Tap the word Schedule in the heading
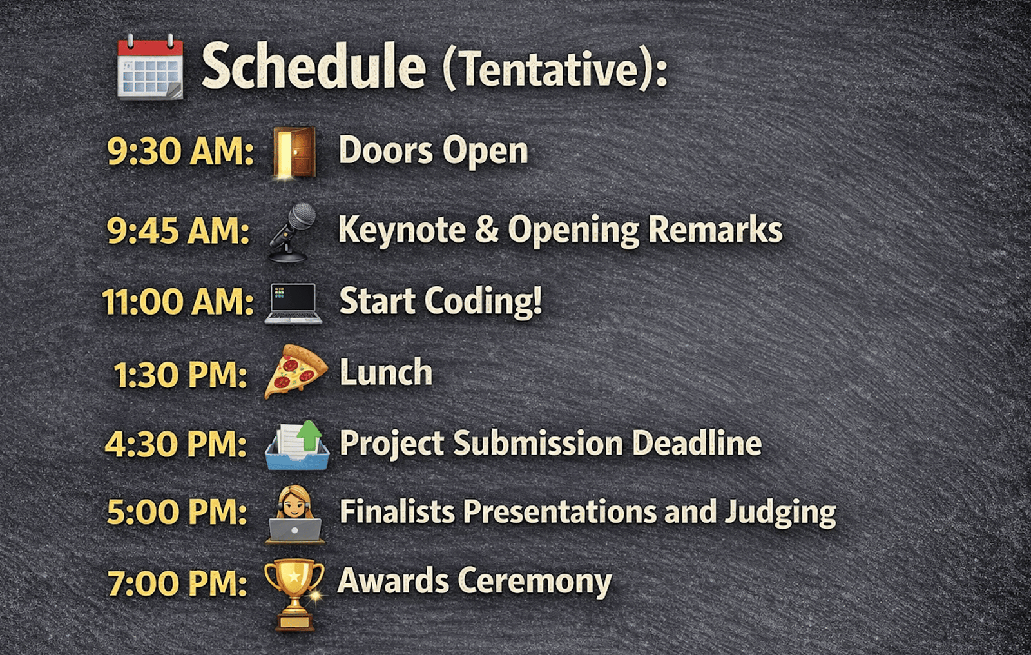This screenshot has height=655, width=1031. coord(314,65)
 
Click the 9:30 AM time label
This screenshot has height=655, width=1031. coord(180,151)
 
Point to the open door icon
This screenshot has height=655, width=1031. coord(294,152)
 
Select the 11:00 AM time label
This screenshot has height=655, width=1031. coord(178,302)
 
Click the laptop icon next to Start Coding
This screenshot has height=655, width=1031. coord(293,303)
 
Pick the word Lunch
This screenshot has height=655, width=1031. coord(386,372)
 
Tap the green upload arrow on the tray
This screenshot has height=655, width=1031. coord(309,435)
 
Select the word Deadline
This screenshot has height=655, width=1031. coord(697,443)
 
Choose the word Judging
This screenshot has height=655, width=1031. coord(780,513)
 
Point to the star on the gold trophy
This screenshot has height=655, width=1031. coord(294,576)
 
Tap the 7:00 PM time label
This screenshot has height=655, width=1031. coord(177,583)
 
